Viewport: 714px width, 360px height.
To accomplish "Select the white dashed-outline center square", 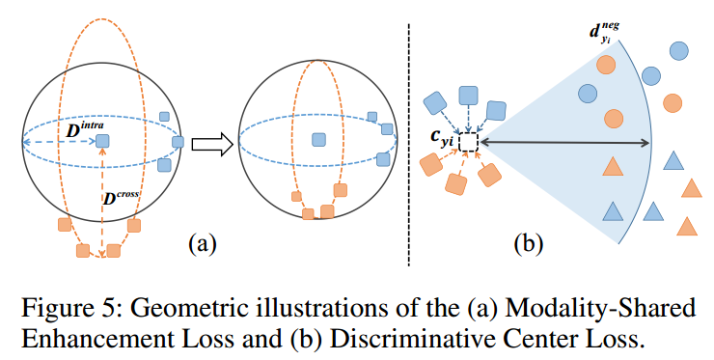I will (x=468, y=143).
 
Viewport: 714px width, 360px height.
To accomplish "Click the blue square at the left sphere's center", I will (x=102, y=141).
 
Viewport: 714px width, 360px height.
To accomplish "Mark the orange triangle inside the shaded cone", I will (x=611, y=167).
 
